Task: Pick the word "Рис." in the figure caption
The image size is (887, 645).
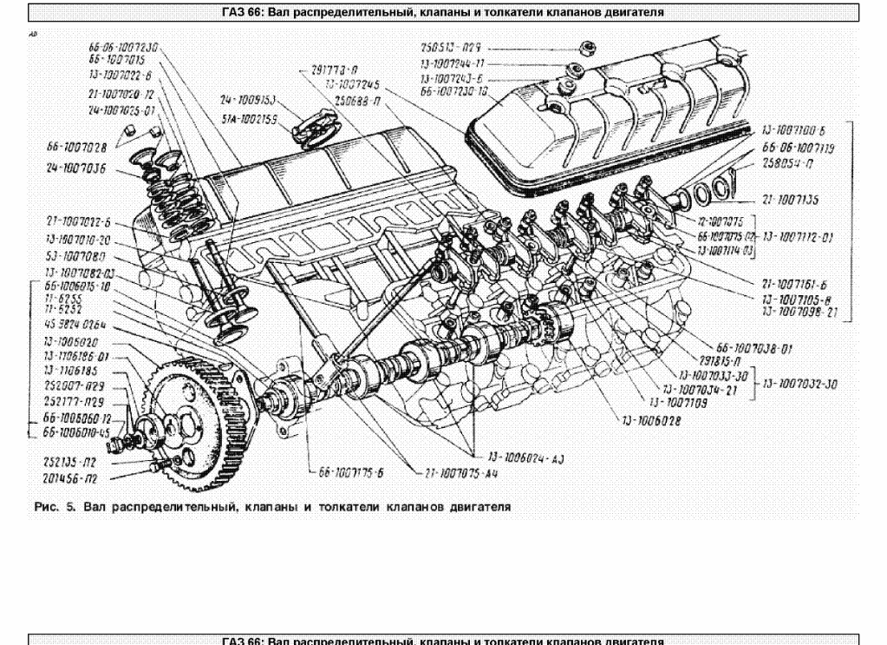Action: (43, 507)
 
